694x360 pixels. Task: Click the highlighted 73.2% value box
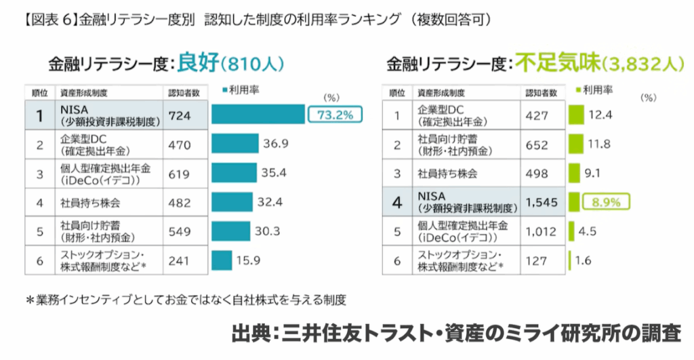(334, 115)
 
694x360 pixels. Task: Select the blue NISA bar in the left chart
(258, 115)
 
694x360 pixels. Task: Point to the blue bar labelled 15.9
(222, 259)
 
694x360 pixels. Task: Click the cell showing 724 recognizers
(180, 116)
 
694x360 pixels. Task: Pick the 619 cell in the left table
(180, 173)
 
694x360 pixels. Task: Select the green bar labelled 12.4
(576, 115)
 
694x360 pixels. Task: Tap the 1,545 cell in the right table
(540, 201)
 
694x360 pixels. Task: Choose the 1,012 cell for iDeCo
(540, 231)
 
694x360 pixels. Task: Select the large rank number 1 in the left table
(40, 116)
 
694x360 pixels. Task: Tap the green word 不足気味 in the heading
(557, 63)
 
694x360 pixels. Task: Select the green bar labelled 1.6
(569, 259)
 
